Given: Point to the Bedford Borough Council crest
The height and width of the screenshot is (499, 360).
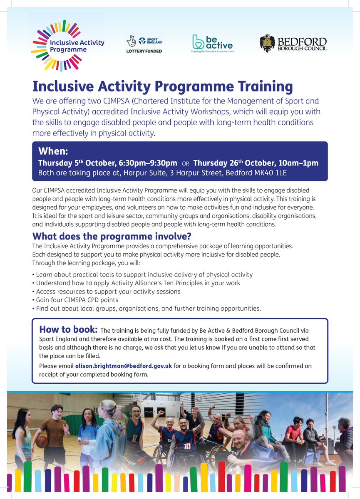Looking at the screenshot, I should pos(267,44).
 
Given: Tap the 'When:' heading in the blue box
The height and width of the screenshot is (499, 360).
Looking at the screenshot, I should pos(53,151).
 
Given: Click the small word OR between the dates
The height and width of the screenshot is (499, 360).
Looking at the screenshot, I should pos(185,163).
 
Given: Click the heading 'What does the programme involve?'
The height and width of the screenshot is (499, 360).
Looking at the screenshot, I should pos(112,237).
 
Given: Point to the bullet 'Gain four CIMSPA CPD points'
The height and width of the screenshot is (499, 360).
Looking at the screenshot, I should pos(77,300).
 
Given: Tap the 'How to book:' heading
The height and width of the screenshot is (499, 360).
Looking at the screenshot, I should pos(68,330).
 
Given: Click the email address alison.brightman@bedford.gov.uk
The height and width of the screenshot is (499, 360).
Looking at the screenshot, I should pos(123,366).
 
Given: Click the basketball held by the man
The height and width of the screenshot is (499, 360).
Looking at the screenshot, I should pos(42,441).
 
